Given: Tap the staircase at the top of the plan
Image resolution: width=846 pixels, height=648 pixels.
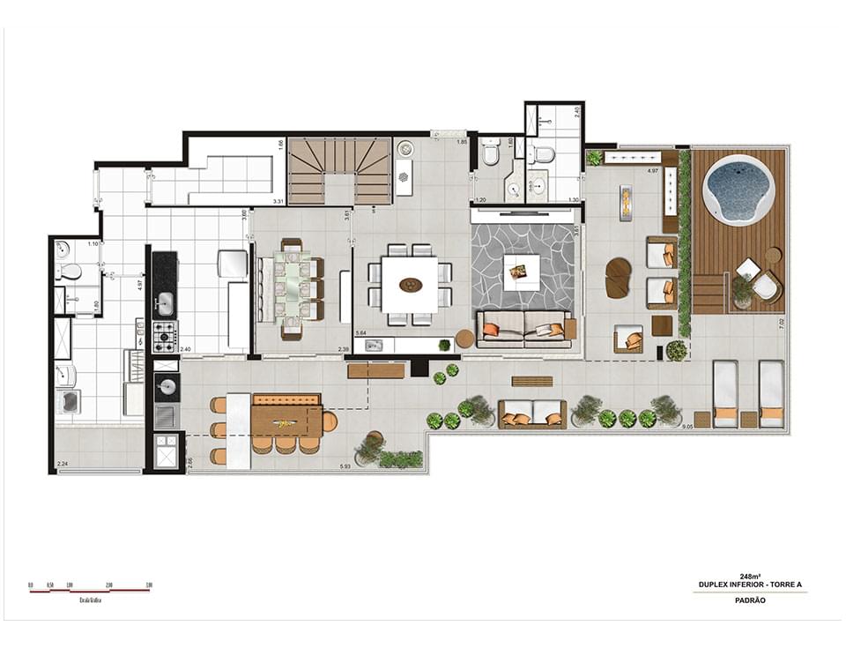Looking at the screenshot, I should pos(340,170).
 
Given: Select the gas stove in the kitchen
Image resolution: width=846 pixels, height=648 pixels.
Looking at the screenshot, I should pos(165,336).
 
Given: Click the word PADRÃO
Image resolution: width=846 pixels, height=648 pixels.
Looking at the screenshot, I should pos(746,600).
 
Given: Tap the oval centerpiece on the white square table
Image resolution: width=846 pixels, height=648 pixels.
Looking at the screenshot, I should pos(410,285).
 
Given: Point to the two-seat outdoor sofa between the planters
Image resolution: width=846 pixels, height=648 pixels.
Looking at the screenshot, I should pos(532,413).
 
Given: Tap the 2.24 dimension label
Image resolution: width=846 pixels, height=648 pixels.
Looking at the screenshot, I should pos(62,464).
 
